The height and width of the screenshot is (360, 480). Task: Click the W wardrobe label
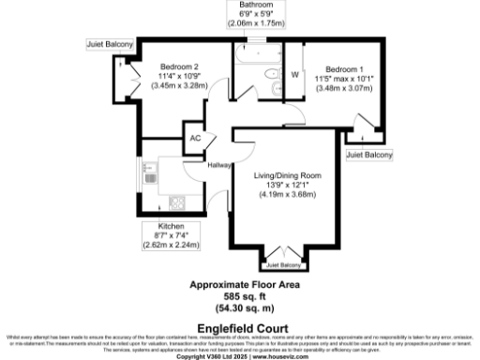tap(294, 74)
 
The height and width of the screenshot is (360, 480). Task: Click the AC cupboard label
tap(195, 139)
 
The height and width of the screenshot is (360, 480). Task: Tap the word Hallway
tap(219, 166)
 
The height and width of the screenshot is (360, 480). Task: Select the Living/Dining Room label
tap(288, 175)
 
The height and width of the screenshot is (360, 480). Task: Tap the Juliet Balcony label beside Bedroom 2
tap(110, 43)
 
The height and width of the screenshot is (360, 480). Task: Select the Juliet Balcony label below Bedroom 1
tap(368, 153)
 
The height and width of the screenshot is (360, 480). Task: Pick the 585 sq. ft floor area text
tap(245, 295)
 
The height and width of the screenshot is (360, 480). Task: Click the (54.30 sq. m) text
tap(245, 307)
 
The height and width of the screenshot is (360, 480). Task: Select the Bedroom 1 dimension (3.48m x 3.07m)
tap(347, 88)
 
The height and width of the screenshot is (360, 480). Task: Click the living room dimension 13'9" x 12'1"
tap(288, 185)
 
